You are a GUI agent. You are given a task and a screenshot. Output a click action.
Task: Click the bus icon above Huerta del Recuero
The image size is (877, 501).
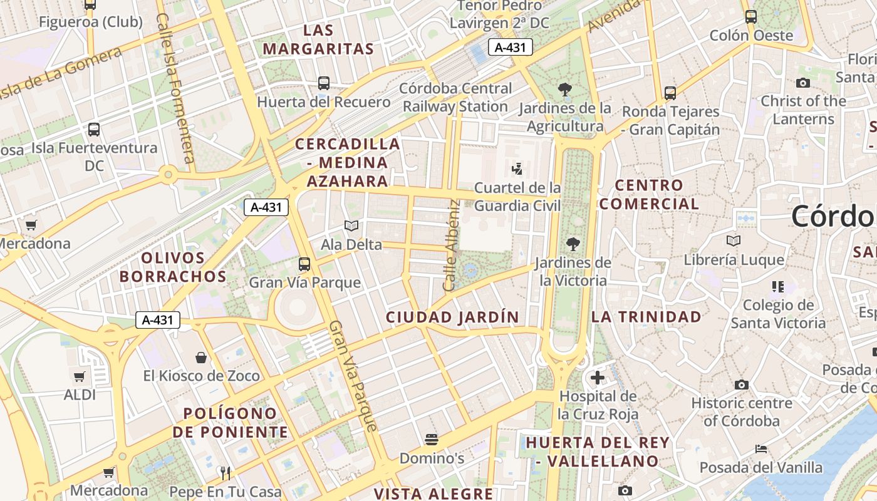pyautogui.click(x=324, y=83)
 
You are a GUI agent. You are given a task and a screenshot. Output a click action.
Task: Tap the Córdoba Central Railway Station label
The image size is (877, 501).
pyautogui.click(x=455, y=98)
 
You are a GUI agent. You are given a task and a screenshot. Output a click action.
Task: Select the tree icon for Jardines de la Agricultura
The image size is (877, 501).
pyautogui.click(x=565, y=90)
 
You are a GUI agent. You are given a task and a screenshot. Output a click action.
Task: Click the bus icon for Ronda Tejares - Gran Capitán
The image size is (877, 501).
pyautogui.click(x=670, y=93)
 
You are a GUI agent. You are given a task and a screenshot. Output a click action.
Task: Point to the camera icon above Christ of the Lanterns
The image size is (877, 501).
pyautogui.click(x=802, y=83)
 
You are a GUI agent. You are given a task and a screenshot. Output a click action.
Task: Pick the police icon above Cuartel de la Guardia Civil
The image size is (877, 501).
pyautogui.click(x=517, y=168)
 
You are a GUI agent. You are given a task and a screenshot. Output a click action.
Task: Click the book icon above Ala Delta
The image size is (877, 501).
pyautogui.click(x=351, y=225)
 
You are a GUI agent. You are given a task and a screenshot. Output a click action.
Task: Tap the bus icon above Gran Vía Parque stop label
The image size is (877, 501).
pyautogui.click(x=304, y=264)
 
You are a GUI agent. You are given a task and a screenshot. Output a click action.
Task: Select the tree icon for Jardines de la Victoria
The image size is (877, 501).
pyautogui.click(x=573, y=244)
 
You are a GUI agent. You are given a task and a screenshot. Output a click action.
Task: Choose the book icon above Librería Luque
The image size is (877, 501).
pyautogui.click(x=734, y=240)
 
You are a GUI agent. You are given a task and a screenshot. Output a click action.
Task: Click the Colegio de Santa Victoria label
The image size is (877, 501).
pyautogui.click(x=778, y=314)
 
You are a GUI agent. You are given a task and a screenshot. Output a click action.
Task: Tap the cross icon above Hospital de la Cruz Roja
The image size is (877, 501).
pyautogui.click(x=598, y=378)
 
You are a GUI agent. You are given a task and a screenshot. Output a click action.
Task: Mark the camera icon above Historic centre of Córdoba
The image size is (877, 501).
pyautogui.click(x=742, y=385)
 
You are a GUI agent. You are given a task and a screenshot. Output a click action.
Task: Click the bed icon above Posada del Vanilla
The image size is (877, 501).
pyautogui.click(x=761, y=449)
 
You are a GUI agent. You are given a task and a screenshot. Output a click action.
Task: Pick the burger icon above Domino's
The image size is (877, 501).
pyautogui.click(x=432, y=440)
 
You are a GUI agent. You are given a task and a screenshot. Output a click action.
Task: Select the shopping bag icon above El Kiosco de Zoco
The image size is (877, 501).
pyautogui.click(x=201, y=358)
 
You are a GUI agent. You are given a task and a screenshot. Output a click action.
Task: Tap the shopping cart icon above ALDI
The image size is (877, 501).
pyautogui.click(x=80, y=377)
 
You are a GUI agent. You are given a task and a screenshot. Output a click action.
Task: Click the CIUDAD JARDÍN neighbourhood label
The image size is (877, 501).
pyautogui.click(x=452, y=318)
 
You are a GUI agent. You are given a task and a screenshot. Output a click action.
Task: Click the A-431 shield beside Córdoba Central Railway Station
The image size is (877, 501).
pyautogui.click(x=511, y=47)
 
